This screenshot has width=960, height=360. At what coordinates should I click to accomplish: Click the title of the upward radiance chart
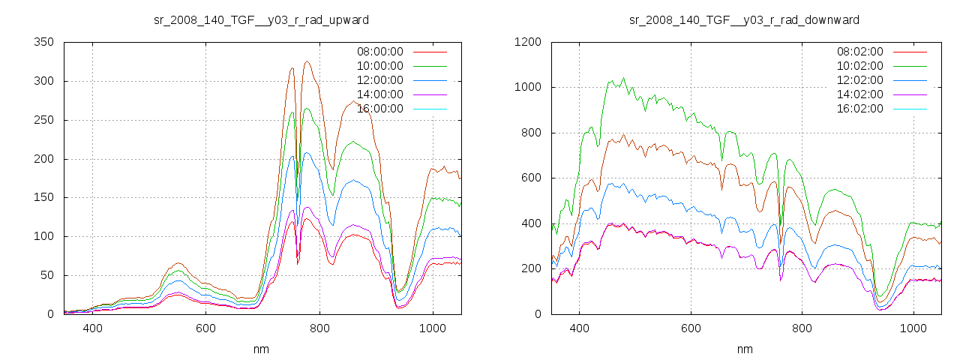261,19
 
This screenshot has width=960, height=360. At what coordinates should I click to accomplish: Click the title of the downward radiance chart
744,19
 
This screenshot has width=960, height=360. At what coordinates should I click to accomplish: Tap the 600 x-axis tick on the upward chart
206,328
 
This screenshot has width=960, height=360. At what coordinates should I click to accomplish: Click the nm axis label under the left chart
261,349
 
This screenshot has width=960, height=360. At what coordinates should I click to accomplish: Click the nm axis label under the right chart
744,349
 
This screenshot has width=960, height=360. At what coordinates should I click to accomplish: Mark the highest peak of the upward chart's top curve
307,61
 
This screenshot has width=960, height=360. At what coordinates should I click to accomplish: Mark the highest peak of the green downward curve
623,78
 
